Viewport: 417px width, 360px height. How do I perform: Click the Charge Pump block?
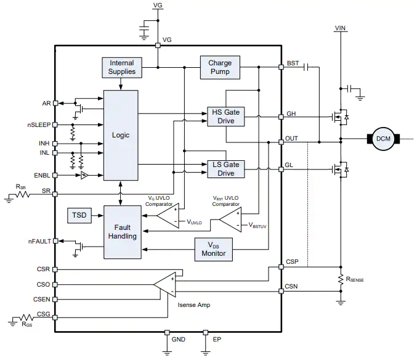(220, 67)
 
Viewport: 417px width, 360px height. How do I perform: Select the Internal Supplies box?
(122, 68)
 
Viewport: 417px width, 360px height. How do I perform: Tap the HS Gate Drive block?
(226, 117)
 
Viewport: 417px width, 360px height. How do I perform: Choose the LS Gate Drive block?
(226, 169)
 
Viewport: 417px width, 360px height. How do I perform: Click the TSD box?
(79, 215)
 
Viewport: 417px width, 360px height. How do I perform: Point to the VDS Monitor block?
(214, 249)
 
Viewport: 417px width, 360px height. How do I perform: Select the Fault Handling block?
(123, 232)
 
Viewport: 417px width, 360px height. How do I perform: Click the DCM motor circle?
(383, 139)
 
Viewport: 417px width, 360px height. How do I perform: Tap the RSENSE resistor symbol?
(341, 279)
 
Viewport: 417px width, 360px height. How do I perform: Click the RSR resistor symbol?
(23, 195)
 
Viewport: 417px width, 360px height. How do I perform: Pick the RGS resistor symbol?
(26, 317)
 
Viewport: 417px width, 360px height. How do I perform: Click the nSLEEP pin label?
(39, 125)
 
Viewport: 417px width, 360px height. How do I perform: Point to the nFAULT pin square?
(55, 241)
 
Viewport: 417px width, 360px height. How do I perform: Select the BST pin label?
(293, 63)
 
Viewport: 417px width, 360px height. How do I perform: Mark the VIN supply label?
(340, 28)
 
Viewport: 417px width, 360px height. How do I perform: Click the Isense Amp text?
(194, 305)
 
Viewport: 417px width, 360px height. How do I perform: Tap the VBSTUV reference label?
(257, 226)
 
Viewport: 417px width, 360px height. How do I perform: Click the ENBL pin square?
(55, 175)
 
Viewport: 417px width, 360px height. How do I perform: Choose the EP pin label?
(217, 339)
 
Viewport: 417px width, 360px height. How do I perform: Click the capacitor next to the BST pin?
(306, 67)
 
